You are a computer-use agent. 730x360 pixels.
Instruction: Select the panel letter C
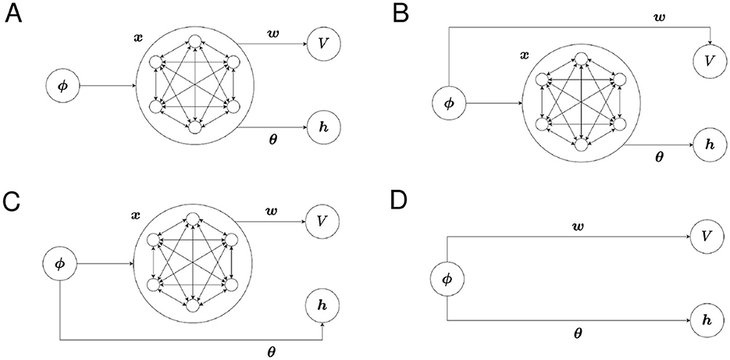pyautogui.click(x=12, y=202)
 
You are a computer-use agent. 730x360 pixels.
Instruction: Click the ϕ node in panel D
pyautogui.click(x=447, y=277)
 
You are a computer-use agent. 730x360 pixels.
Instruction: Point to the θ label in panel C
pyautogui.click(x=271, y=351)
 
